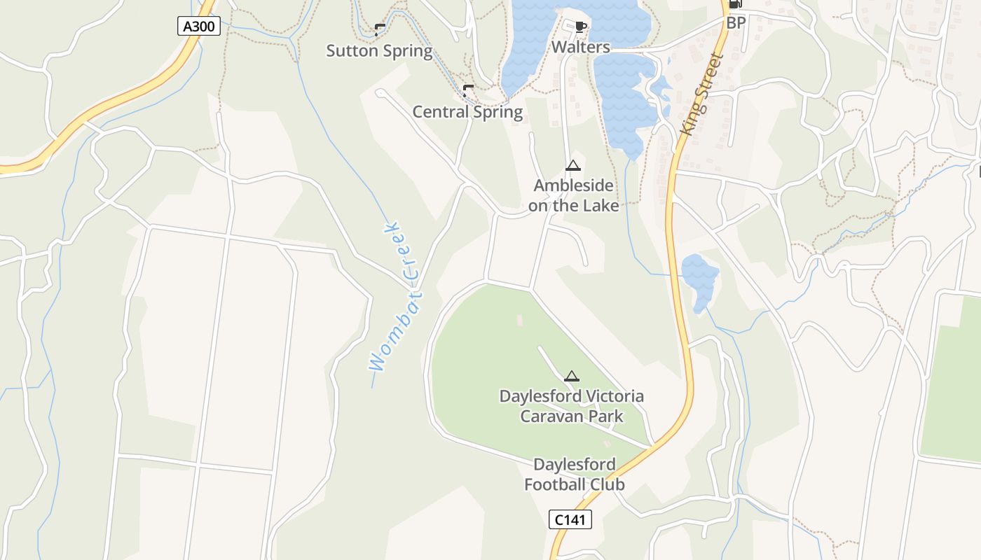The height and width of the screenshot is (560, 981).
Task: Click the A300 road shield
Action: [200, 27]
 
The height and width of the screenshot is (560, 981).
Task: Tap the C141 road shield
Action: [570, 519]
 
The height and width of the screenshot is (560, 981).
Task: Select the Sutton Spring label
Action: [379, 50]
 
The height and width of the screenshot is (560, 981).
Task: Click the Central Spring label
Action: [467, 112]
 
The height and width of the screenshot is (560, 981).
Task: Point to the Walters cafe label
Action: [581, 47]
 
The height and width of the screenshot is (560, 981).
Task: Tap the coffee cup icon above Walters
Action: [580, 27]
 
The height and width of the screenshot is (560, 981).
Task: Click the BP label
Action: [736, 22]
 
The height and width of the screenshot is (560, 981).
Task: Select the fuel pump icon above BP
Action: [735, 4]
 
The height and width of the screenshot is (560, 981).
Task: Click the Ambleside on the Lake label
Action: [573, 195]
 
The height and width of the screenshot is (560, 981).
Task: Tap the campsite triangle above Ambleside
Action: [573, 166]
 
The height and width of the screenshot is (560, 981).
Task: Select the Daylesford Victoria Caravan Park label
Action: [571, 406]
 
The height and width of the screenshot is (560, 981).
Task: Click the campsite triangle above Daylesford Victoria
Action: [572, 376]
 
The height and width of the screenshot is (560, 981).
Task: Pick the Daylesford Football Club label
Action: [575, 474]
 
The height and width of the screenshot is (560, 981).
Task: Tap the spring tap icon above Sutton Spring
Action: [379, 29]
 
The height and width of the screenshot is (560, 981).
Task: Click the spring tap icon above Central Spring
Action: [467, 90]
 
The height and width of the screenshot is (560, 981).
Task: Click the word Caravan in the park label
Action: [551, 416]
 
